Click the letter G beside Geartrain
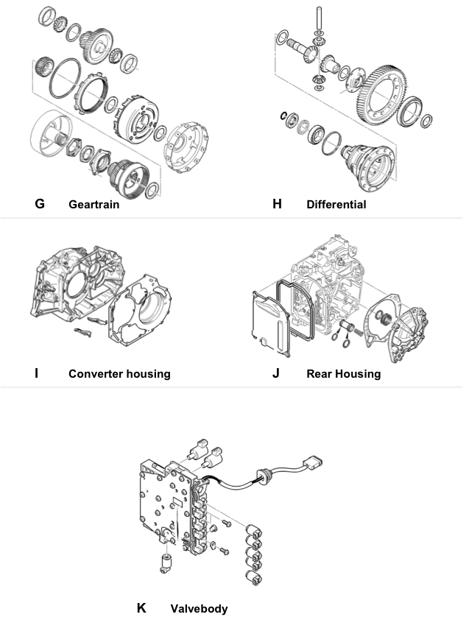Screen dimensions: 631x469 (40, 204)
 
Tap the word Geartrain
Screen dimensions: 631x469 (94, 205)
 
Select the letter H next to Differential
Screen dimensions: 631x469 (277, 204)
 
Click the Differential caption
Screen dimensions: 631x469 (336, 205)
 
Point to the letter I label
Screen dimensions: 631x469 (37, 373)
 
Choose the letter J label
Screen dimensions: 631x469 (275, 373)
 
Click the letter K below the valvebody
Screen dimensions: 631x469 (141, 608)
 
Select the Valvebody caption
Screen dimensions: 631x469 (199, 609)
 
